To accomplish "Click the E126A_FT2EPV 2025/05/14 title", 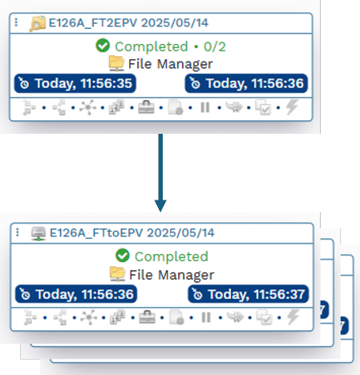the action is [x=128, y=22].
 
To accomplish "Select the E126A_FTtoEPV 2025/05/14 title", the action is [x=132, y=232].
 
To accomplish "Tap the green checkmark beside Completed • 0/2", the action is [x=103, y=46].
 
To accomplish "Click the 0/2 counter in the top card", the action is [x=215, y=46].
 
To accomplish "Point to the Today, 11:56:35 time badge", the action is [x=75, y=83].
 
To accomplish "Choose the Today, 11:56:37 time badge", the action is [x=249, y=294].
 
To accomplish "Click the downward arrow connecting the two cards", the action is [x=160, y=172].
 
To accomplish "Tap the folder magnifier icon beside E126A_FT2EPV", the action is [x=38, y=24].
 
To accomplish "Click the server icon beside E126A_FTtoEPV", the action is [x=38, y=234].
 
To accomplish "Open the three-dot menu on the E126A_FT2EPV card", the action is [x=16, y=22].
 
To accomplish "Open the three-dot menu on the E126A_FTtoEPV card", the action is [x=18, y=232].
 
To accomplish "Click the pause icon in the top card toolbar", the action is [x=205, y=107].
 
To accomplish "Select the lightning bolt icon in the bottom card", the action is [x=293, y=317].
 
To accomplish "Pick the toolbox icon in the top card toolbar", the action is [x=146, y=107].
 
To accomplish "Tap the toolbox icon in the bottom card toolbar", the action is [x=148, y=317].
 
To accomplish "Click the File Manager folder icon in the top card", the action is [x=117, y=63].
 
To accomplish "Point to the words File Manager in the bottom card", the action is [x=172, y=275].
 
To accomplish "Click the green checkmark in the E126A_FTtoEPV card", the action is [x=123, y=256].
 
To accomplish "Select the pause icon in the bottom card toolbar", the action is [x=206, y=317].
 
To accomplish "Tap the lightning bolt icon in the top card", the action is [x=292, y=107].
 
